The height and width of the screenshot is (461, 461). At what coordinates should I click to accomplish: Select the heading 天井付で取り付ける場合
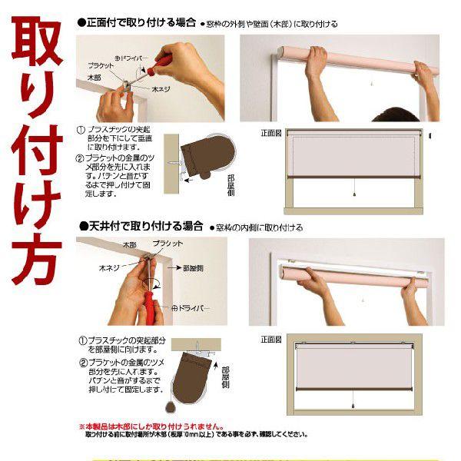tap(141, 227)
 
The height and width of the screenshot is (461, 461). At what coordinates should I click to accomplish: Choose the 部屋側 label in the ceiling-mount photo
tap(195, 269)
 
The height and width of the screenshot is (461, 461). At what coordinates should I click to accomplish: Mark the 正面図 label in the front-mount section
tap(271, 133)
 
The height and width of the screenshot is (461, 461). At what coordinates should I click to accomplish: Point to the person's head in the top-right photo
tap(395, 113)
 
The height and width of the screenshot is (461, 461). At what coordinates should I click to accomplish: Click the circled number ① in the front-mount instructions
tap(81, 131)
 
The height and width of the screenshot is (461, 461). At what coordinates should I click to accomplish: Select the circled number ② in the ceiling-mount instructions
tap(81, 363)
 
